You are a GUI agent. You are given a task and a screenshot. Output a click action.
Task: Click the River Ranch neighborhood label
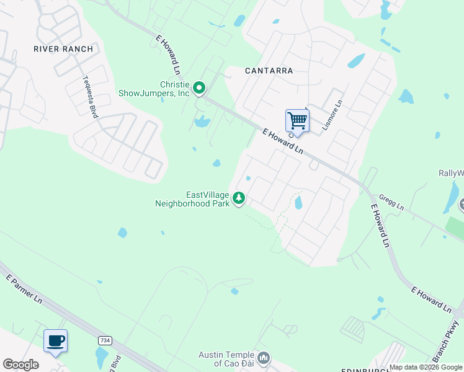63,49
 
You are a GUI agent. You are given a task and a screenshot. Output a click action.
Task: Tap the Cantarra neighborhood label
269,71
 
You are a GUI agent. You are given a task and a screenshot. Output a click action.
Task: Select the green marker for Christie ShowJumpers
199,89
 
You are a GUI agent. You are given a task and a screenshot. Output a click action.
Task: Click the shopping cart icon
297,120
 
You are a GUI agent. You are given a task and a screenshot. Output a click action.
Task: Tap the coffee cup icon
55,340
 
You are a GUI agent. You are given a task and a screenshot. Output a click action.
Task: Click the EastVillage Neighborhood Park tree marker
239,198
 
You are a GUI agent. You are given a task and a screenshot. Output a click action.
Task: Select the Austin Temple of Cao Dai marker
264,358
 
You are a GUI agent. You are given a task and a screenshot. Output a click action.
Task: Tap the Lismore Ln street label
332,117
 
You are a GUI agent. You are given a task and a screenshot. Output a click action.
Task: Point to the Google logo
20,365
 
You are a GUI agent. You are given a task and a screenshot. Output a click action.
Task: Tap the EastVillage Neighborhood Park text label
192,199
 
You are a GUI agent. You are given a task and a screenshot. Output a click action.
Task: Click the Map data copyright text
426,368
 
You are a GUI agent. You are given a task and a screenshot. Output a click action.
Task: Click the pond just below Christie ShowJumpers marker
202,122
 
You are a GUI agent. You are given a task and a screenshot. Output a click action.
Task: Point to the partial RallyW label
451,174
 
